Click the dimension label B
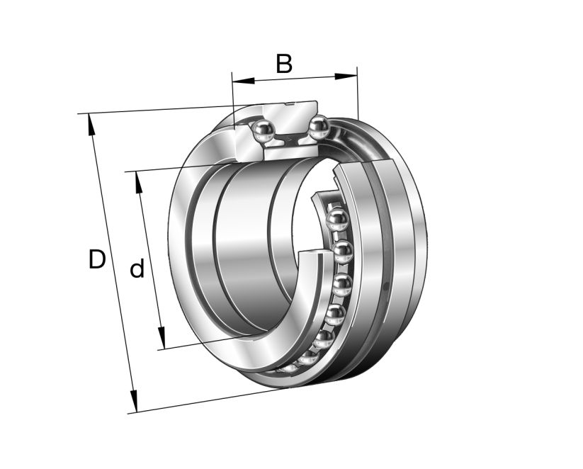[283, 64]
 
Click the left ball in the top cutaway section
[264, 131]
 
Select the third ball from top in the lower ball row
[342, 285]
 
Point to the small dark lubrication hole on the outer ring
[386, 287]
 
